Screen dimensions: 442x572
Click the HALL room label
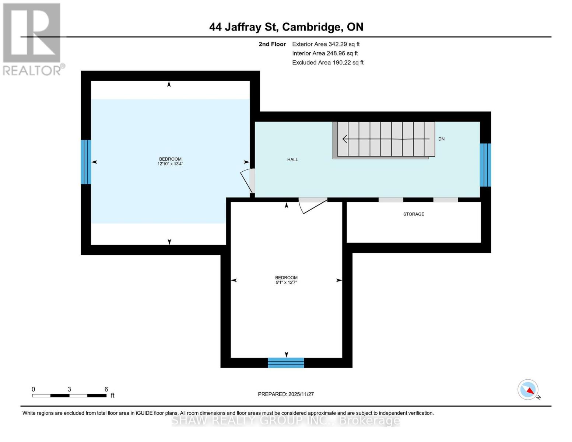292,159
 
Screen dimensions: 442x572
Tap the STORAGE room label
413,214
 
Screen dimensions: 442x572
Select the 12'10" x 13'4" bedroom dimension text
170,164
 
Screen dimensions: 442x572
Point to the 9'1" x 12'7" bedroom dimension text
286,283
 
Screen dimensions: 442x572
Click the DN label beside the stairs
441,139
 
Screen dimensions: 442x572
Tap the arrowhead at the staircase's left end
345,139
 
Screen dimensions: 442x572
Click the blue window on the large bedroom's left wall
86,162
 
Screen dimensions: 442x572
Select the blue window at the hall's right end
485,165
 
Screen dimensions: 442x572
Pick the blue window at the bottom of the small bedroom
286,362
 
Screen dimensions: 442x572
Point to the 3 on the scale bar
69,389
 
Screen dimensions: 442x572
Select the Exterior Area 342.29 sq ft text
326,44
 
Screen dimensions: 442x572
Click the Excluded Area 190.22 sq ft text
327,63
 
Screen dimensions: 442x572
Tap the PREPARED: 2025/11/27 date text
285,394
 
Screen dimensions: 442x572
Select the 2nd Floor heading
272,44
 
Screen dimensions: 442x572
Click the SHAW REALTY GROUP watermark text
286,420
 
